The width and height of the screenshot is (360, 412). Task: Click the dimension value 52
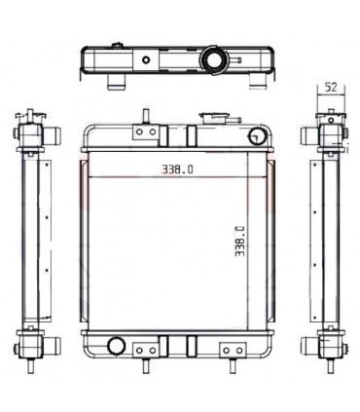330,87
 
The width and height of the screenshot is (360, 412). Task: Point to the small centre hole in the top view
146,61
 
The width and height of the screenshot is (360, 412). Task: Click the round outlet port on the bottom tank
116,345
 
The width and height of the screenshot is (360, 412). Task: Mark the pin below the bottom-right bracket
234,367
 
